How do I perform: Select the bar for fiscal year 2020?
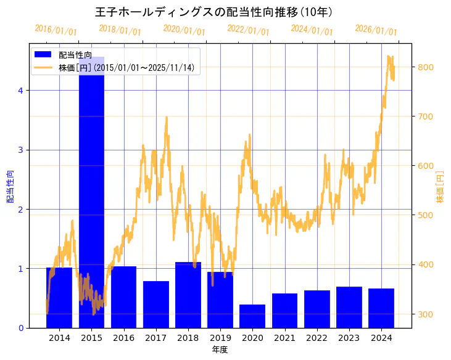252,316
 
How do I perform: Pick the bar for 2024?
381,308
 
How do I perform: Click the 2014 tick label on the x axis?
59,338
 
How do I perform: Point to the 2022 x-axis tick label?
317,338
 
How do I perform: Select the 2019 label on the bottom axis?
220,338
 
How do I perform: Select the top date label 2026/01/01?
376,30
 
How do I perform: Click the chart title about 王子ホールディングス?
214,12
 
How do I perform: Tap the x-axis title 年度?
220,350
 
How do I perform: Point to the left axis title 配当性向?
9,186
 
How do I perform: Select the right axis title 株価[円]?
440,186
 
